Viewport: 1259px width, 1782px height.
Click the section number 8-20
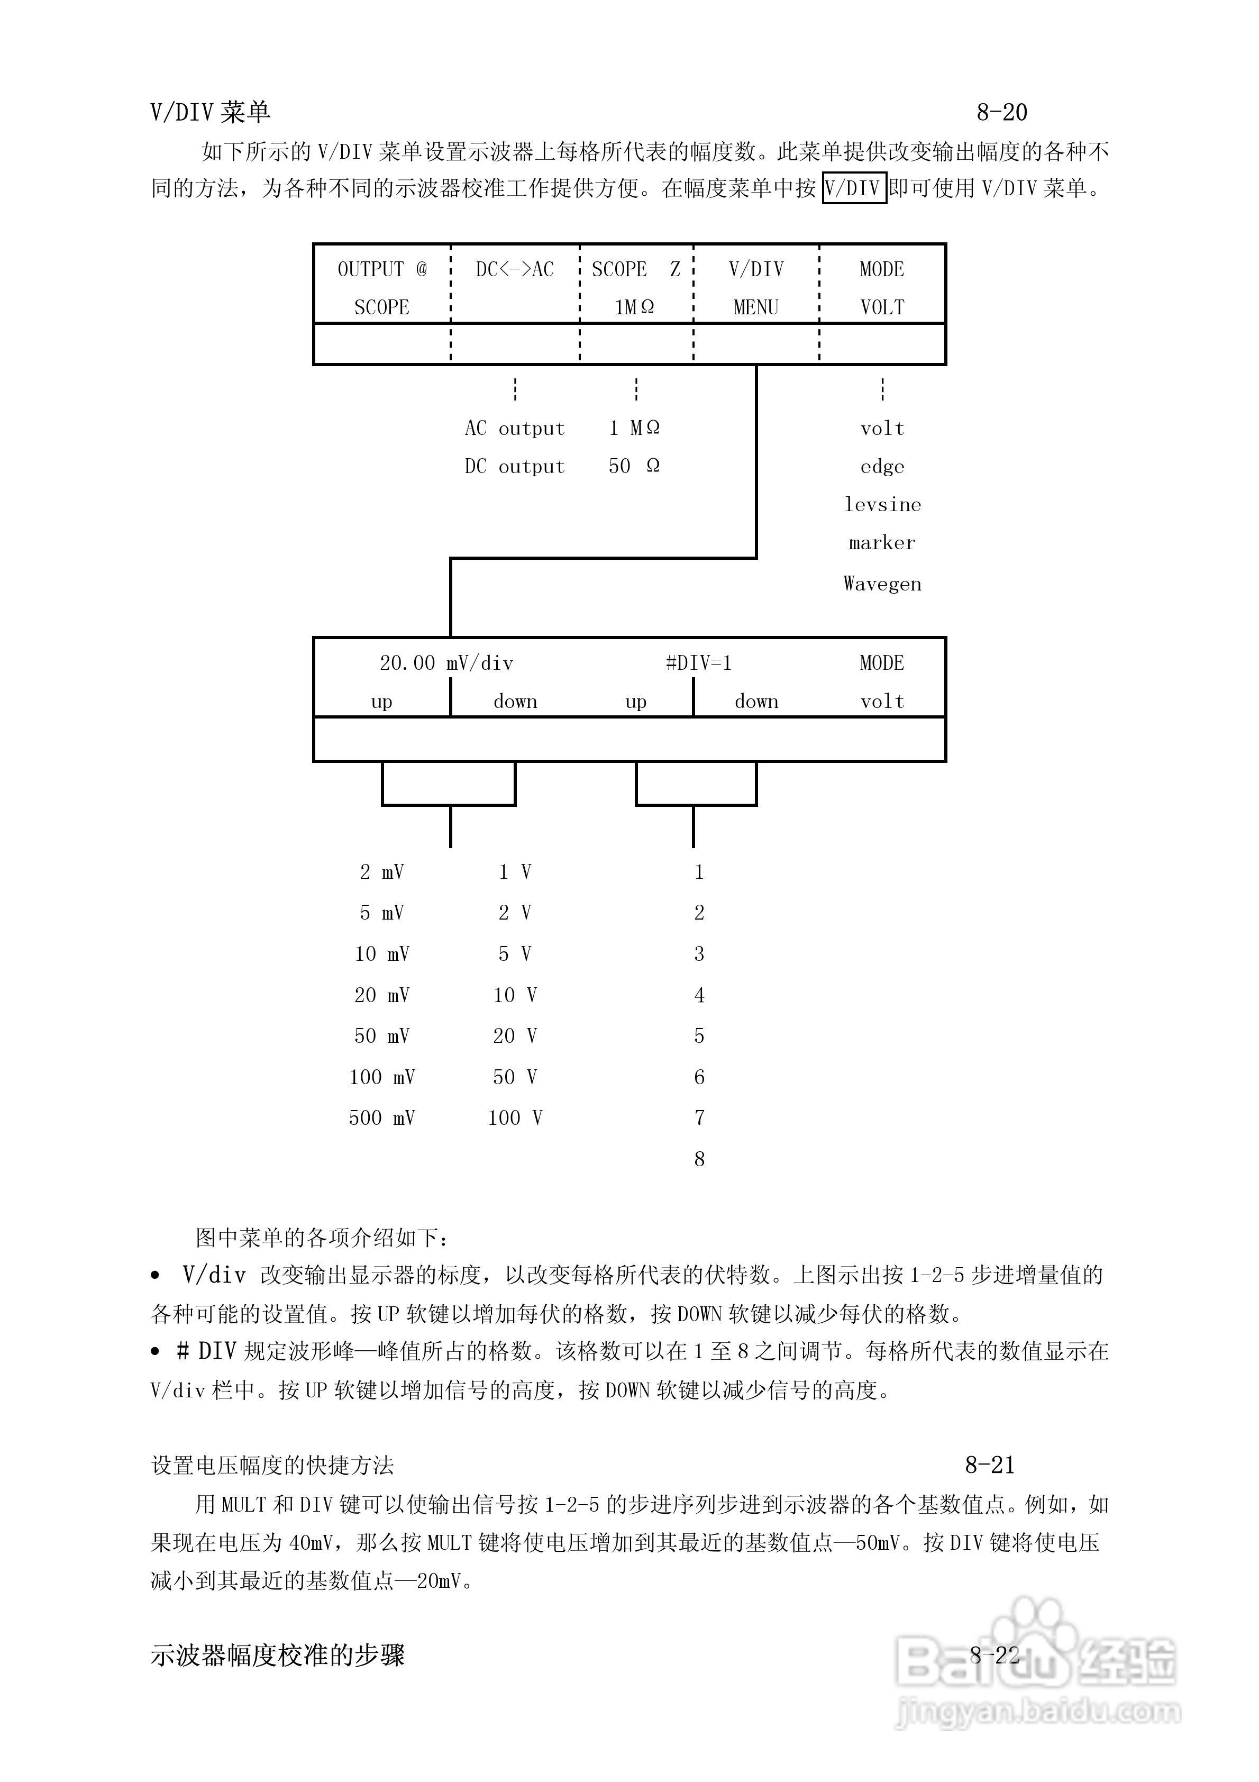click(1001, 113)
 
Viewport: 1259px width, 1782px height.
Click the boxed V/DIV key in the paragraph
click(854, 188)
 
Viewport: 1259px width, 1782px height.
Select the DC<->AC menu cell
click(515, 270)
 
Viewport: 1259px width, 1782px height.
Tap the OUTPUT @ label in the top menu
click(382, 270)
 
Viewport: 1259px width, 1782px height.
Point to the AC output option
click(515, 429)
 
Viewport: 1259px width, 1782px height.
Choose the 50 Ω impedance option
click(634, 467)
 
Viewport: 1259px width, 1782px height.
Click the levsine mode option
click(882, 504)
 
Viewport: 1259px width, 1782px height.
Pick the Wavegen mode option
click(882, 584)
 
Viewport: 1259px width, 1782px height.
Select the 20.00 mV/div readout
click(446, 663)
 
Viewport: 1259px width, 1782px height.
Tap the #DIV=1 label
click(699, 663)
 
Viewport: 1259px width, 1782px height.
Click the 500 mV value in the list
click(382, 1119)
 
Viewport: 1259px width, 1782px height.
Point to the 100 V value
click(515, 1119)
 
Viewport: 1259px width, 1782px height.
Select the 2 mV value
click(382, 872)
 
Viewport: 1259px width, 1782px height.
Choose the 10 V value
click(515, 995)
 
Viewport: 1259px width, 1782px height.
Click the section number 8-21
click(990, 1466)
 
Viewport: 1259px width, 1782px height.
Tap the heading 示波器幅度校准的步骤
click(277, 1656)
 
